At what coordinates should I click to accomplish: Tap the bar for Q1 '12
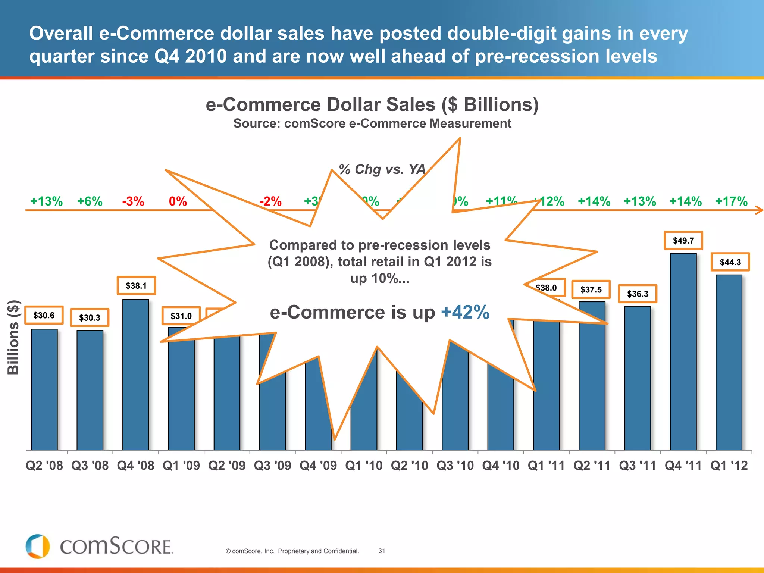coord(729,362)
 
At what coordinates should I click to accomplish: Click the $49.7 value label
coord(683,241)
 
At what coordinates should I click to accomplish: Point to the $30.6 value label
coord(44,316)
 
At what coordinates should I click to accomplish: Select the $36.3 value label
coord(638,294)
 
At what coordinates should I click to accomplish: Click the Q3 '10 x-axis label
coord(455,466)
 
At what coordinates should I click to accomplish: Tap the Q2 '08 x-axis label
coord(44,466)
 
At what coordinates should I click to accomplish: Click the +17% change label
coord(731,201)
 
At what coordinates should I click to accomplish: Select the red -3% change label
coord(133,201)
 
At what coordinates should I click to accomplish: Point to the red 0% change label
coord(178,201)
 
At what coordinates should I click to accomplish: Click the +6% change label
coord(90,201)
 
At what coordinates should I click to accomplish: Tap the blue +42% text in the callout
coord(465,312)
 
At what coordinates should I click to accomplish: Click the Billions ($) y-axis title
coord(13,337)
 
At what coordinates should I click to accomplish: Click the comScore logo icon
coord(38,547)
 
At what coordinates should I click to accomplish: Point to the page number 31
coord(382,551)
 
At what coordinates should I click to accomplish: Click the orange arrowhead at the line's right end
coord(760,210)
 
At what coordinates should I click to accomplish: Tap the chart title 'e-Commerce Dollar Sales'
coord(372,105)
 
